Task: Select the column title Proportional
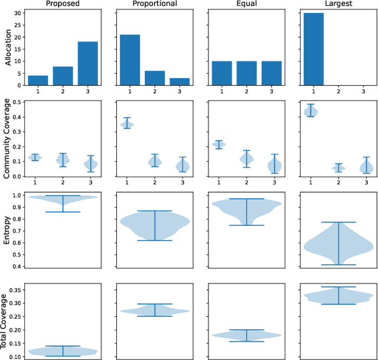[154, 4]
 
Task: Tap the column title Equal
[247, 4]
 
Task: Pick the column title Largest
[338, 4]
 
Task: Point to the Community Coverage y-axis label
[7, 138]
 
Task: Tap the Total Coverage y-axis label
[7, 321]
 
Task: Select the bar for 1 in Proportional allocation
[129, 60]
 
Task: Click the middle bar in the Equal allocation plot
[247, 73]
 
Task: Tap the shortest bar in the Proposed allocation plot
[37, 80]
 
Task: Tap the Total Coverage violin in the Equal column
[247, 336]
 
